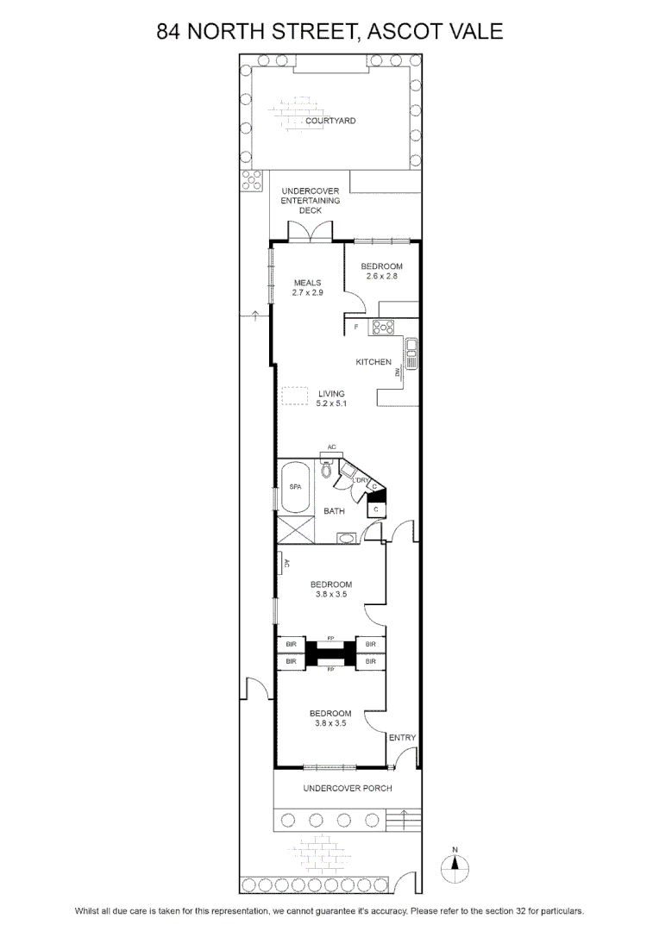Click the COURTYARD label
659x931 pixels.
tap(330, 121)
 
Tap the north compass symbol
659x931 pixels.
tap(455, 868)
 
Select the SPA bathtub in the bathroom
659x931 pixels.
tap(295, 487)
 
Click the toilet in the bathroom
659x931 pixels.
tap(326, 469)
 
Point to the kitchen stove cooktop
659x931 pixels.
tap(383, 328)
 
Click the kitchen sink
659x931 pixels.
tap(411, 353)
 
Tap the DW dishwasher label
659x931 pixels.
tap(397, 372)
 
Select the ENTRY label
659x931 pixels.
tap(402, 737)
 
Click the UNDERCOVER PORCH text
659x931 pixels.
tap(348, 788)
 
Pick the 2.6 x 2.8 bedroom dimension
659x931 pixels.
tap(381, 276)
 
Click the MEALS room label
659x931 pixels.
tap(307, 283)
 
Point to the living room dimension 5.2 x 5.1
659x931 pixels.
tap(331, 403)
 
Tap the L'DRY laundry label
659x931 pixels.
tap(361, 480)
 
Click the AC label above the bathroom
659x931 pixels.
tap(331, 447)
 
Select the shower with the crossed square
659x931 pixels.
tap(296, 529)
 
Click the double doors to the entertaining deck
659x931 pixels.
tap(310, 231)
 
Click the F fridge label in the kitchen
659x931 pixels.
tap(356, 327)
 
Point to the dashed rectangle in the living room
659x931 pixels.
tap(295, 396)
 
